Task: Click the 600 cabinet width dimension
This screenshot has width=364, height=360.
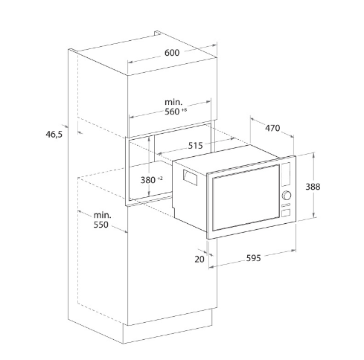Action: coord(172,53)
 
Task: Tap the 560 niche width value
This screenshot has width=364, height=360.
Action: coord(172,112)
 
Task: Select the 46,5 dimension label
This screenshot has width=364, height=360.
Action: coord(54,135)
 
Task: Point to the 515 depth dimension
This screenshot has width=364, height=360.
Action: coord(195,146)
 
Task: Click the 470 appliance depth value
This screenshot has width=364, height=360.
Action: coord(272,128)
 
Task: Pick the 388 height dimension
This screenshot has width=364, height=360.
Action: coord(313,187)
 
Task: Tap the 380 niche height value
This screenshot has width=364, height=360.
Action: coord(148,180)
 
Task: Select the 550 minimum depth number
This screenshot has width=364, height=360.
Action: coord(101,225)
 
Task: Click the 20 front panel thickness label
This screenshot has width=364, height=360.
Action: coord(199,260)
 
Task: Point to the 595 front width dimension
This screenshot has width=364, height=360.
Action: coord(254,258)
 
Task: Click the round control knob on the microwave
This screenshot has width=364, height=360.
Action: coord(287,196)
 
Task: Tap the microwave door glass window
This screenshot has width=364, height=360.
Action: coord(246,198)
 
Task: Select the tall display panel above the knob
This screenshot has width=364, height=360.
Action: coord(286,174)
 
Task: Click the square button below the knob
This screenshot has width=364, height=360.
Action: coord(286,213)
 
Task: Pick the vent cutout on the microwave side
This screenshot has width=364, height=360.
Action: coord(190,177)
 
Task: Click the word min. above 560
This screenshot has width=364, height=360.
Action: coord(173,102)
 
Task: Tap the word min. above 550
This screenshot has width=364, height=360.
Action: coord(102,215)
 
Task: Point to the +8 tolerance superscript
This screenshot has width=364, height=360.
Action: coord(184,110)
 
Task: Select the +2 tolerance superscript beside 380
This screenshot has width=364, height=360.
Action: coord(160,178)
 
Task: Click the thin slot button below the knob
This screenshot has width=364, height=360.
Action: coord(286,205)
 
